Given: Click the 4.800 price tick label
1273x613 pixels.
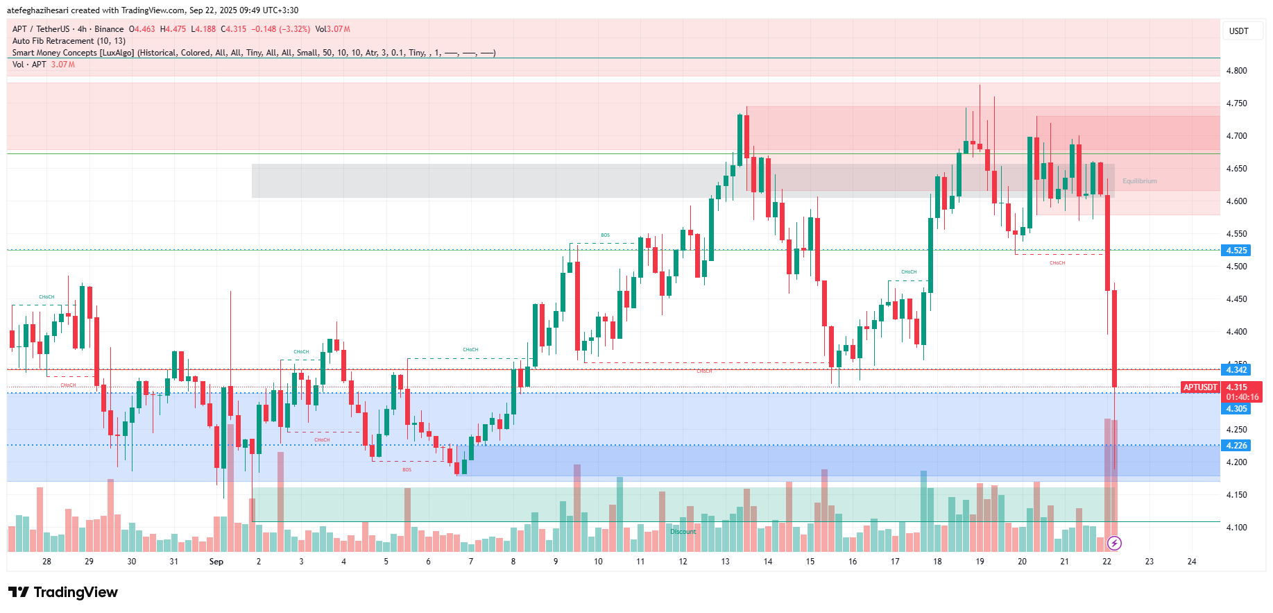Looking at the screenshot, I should [1236, 71].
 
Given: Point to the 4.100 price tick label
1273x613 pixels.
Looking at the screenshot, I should [1236, 528].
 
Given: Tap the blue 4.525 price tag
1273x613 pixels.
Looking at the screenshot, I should [1236, 251].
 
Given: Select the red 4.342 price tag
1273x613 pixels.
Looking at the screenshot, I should [1236, 370].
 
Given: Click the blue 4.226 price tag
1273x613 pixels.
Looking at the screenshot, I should [1236, 446].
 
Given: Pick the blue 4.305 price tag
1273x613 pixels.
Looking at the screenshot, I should [1236, 409].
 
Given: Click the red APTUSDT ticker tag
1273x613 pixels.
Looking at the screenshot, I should [1200, 387].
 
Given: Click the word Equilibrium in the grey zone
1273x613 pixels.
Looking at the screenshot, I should [1139, 181].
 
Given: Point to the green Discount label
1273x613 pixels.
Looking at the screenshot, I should [683, 532].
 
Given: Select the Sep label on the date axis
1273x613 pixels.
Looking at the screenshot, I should [216, 562].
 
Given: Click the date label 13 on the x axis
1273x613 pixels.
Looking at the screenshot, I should [725, 562].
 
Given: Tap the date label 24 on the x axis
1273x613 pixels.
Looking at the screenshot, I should [1191, 562].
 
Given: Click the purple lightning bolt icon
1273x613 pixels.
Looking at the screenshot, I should [1114, 543].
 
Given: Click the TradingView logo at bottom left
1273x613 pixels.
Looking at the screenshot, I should [63, 592].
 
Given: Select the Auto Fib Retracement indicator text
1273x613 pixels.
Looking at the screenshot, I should [69, 41].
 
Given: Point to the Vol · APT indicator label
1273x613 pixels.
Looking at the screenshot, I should [29, 65].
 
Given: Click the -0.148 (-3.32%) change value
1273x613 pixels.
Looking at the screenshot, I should [280, 29].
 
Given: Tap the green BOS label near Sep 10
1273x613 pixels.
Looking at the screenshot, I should [605, 235].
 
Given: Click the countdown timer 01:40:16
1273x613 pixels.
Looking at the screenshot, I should [1242, 397].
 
